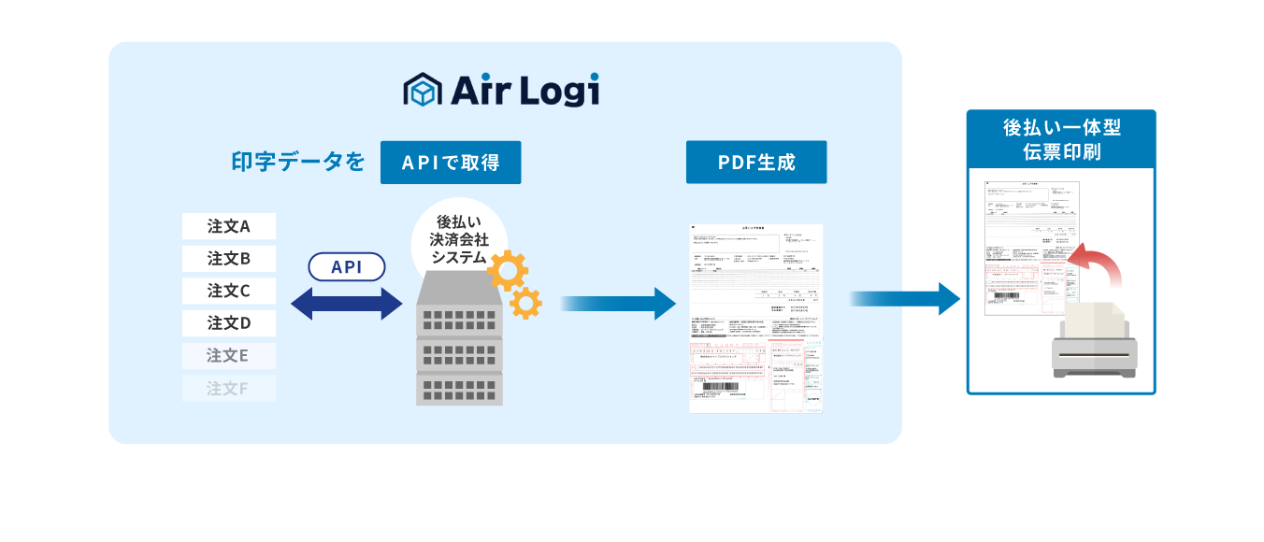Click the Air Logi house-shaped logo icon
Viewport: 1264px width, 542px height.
coord(422,90)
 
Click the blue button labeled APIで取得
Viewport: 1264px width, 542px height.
coord(451,163)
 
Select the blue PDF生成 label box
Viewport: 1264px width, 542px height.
coord(756,163)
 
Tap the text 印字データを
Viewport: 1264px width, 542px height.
coord(297,163)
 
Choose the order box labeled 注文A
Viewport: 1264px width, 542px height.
coord(229,226)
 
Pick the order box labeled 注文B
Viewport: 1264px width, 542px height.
coord(229,258)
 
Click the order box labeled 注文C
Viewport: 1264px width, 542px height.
coord(229,291)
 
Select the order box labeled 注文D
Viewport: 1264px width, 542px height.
coord(229,323)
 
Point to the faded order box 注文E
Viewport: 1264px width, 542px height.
coord(229,356)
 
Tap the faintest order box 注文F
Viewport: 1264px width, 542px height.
coord(229,388)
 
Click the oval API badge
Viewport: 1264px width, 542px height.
coord(347,267)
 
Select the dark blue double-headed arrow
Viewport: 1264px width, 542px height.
coord(347,303)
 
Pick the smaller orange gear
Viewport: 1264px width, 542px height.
coord(525,303)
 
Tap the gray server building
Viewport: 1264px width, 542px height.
coord(459,341)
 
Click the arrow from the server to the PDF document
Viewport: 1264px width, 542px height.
coord(618,303)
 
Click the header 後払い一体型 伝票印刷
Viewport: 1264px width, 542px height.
coord(1061,139)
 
